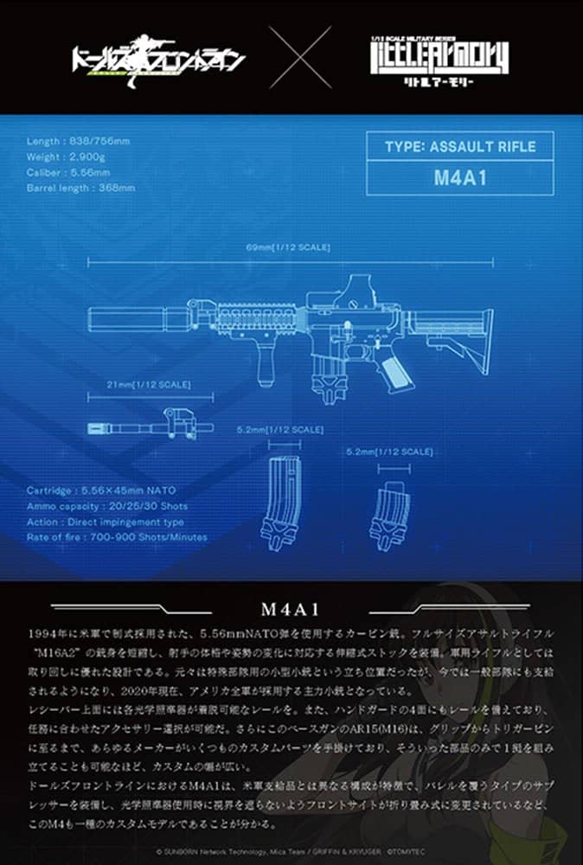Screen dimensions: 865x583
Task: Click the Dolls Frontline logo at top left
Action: click(x=158, y=59)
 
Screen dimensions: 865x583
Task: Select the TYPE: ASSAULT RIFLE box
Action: click(x=459, y=146)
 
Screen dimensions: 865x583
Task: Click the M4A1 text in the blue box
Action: click(x=459, y=179)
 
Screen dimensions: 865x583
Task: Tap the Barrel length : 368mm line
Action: click(x=80, y=186)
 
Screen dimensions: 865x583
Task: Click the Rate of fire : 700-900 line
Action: click(x=117, y=537)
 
